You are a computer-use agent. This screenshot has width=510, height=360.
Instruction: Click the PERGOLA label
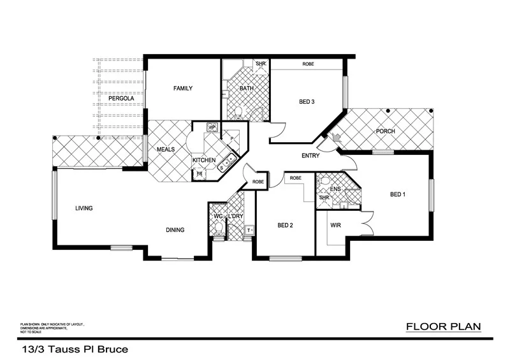pos(120,99)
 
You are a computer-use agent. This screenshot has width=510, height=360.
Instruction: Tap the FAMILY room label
pos(183,89)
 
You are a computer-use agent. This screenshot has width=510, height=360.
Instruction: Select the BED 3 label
pos(307,101)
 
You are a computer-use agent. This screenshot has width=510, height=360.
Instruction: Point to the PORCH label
pos(385,131)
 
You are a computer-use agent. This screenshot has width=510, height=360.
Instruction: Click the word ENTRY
pos(310,155)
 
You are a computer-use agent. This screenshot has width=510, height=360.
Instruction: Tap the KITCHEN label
pos(205,159)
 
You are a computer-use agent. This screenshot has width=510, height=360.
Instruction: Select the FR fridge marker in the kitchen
pos(199,173)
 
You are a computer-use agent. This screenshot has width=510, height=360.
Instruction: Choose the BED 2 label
pos(285,225)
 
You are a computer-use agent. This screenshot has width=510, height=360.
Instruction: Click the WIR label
pos(336,226)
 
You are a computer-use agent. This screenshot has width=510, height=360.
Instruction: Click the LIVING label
pos(85,208)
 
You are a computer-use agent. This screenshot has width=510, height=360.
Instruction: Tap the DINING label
pos(175,230)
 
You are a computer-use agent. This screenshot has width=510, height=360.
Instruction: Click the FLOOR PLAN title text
pos(443,327)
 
